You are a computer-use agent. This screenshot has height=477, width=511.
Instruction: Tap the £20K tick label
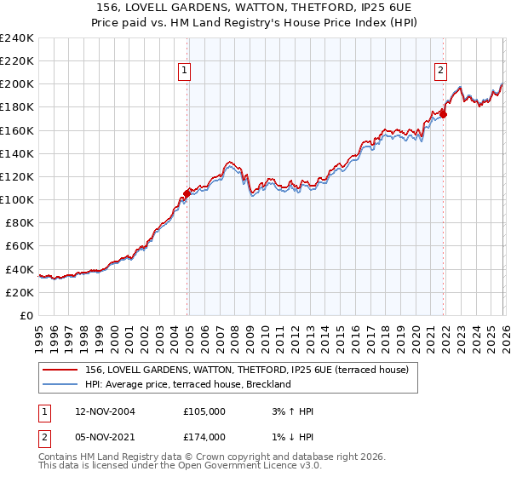(x=19, y=292)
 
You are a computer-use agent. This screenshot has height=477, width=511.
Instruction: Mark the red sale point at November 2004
(x=187, y=193)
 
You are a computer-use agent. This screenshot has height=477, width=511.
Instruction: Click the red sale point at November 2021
(x=444, y=114)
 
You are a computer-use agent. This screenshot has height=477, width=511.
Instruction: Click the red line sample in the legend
(x=61, y=370)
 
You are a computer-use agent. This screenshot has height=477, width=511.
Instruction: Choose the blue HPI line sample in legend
(x=61, y=384)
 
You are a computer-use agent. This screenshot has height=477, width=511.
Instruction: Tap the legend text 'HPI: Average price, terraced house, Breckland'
(x=188, y=384)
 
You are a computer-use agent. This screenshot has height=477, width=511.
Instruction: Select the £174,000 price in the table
(x=204, y=437)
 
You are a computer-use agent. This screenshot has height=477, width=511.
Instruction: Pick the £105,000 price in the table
(x=204, y=411)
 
